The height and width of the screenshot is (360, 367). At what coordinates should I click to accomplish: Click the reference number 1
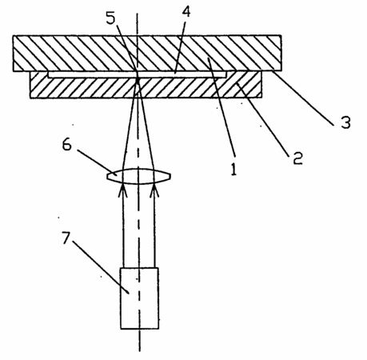tap(233, 170)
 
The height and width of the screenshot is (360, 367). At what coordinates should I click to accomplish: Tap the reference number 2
tap(297, 158)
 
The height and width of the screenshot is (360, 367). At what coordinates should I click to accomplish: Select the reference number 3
tap(345, 122)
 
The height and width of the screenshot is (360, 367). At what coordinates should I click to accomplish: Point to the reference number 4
tap(185, 11)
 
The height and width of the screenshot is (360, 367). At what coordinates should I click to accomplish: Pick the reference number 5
tap(111, 18)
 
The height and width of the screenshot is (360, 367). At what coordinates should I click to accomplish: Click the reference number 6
tap(67, 145)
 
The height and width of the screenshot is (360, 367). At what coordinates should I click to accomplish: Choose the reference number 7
tap(66, 238)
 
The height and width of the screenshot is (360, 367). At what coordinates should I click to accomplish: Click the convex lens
tap(138, 176)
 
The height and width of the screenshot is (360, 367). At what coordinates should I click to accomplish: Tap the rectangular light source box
tap(139, 298)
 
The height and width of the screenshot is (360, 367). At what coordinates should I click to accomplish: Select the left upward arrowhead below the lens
tap(123, 190)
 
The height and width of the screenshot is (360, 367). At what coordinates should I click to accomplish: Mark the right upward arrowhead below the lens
tap(154, 190)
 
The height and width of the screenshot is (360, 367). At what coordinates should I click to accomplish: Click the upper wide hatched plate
tap(147, 53)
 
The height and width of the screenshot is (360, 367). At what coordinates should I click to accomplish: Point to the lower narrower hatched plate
tap(146, 88)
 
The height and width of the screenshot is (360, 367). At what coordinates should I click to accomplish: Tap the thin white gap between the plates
tap(138, 74)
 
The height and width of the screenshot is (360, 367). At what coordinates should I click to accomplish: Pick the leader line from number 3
tap(303, 97)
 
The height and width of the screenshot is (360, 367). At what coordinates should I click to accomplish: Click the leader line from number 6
tap(98, 162)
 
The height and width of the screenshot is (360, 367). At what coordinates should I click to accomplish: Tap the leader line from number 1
tap(222, 107)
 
